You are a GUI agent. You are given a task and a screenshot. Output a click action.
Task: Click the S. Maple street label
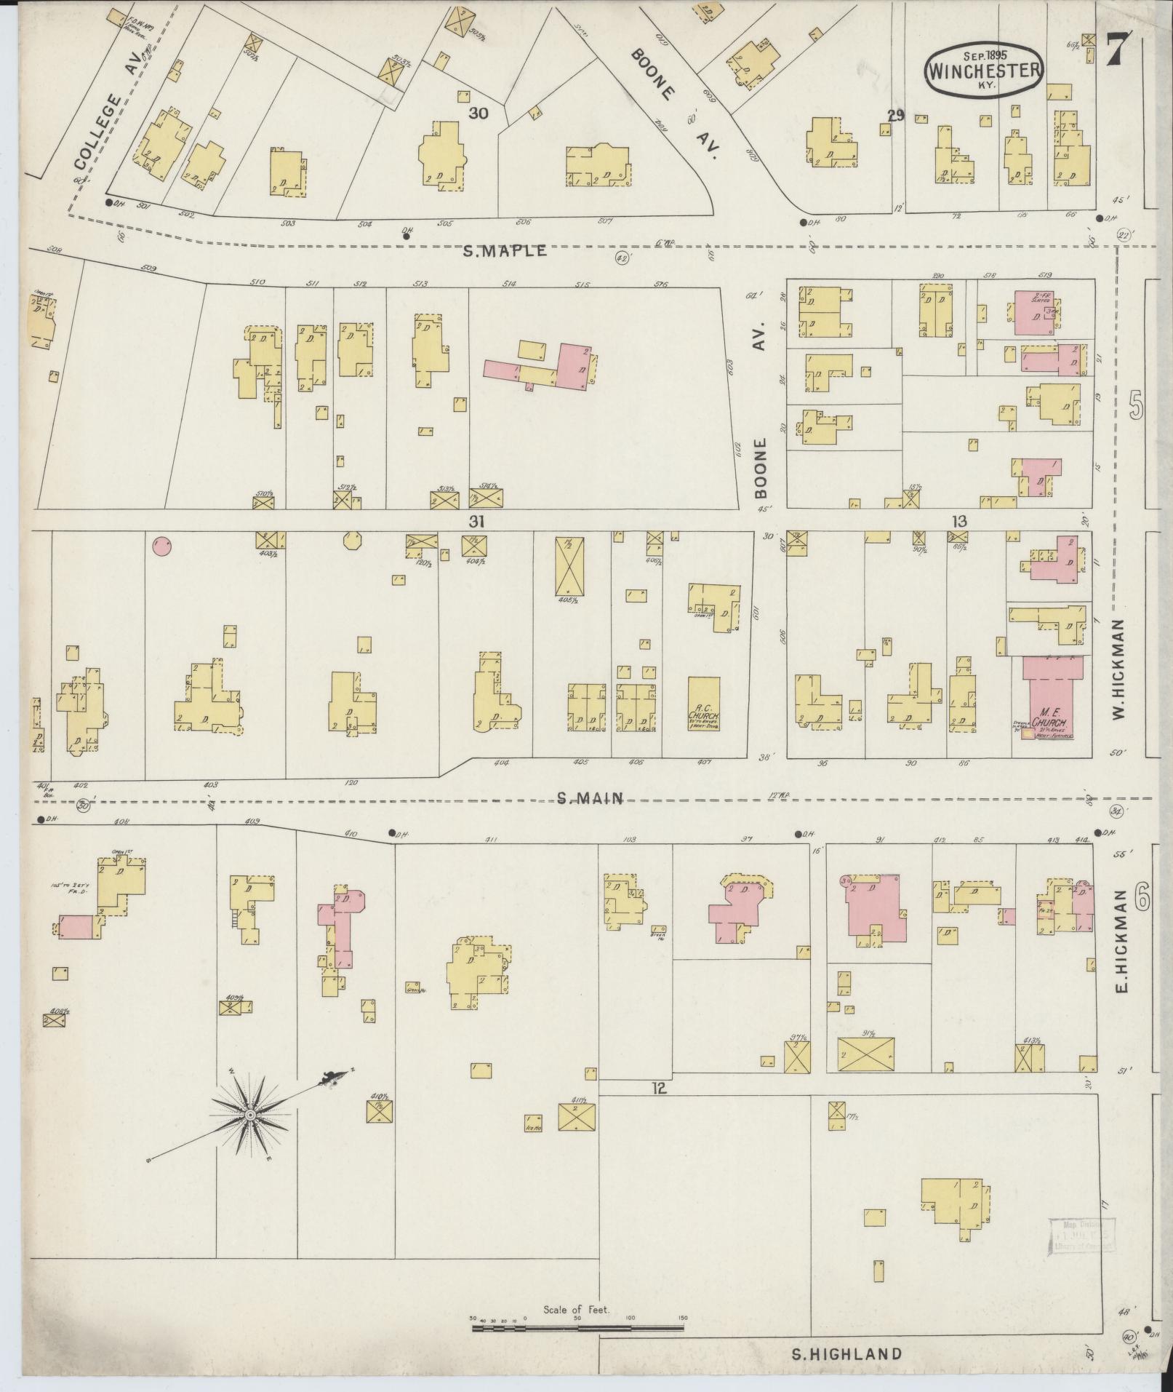pos(505,251)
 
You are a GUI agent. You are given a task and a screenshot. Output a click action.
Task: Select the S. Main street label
pos(590,798)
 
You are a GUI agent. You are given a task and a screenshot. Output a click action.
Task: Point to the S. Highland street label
pos(846,1354)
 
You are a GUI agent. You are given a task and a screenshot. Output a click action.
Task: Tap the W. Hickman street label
pos(1118,669)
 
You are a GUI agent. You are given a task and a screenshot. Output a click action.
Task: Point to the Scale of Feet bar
pos(577,1327)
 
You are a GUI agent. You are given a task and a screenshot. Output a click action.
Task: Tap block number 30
pos(477,113)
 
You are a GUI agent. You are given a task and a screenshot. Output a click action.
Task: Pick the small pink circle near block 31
pos(161,545)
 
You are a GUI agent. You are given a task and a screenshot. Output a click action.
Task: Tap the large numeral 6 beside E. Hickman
pos(1140,900)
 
